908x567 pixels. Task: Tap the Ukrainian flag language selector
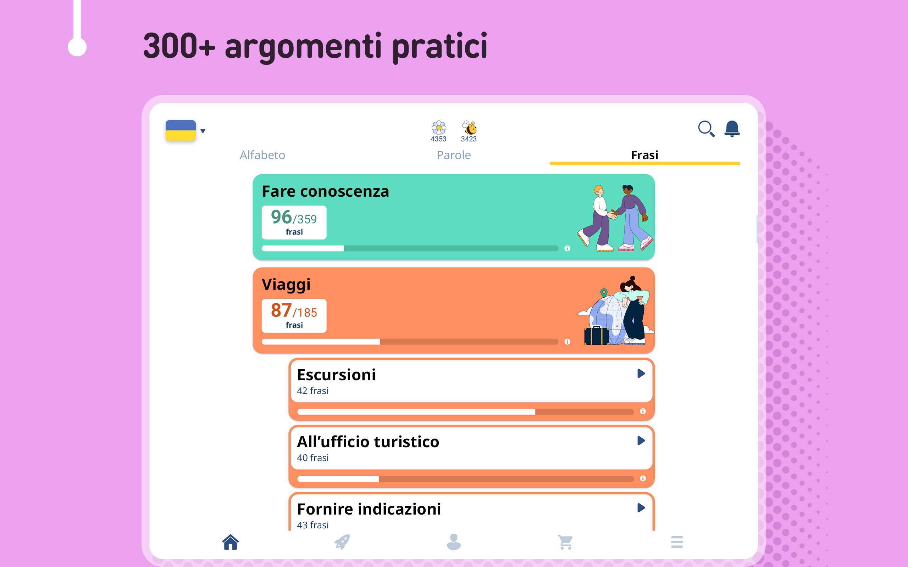pyautogui.click(x=181, y=130)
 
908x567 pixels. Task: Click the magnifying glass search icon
pyautogui.click(x=706, y=129)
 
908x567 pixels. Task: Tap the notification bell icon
pyautogui.click(x=732, y=129)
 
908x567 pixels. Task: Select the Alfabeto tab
pyautogui.click(x=262, y=155)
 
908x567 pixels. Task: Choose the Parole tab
pyautogui.click(x=454, y=155)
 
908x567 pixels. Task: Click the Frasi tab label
pyautogui.click(x=644, y=155)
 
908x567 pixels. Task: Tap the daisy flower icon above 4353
pyautogui.click(x=439, y=128)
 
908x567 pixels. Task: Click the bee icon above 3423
pyautogui.click(x=469, y=128)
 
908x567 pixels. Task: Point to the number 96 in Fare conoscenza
pyautogui.click(x=281, y=217)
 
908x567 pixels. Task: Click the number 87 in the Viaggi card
pyautogui.click(x=281, y=310)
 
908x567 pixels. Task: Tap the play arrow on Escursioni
pyautogui.click(x=641, y=374)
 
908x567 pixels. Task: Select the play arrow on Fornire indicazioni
pyautogui.click(x=641, y=508)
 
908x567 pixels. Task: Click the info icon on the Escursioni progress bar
pyautogui.click(x=643, y=411)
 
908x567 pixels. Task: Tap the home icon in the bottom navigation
pyautogui.click(x=231, y=542)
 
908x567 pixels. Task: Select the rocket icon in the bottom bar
pyautogui.click(x=342, y=542)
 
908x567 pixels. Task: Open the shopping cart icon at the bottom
pyautogui.click(x=565, y=542)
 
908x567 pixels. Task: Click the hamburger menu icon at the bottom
pyautogui.click(x=677, y=542)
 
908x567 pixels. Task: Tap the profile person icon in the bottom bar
pyautogui.click(x=454, y=542)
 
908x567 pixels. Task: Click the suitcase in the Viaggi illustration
pyautogui.click(x=596, y=335)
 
